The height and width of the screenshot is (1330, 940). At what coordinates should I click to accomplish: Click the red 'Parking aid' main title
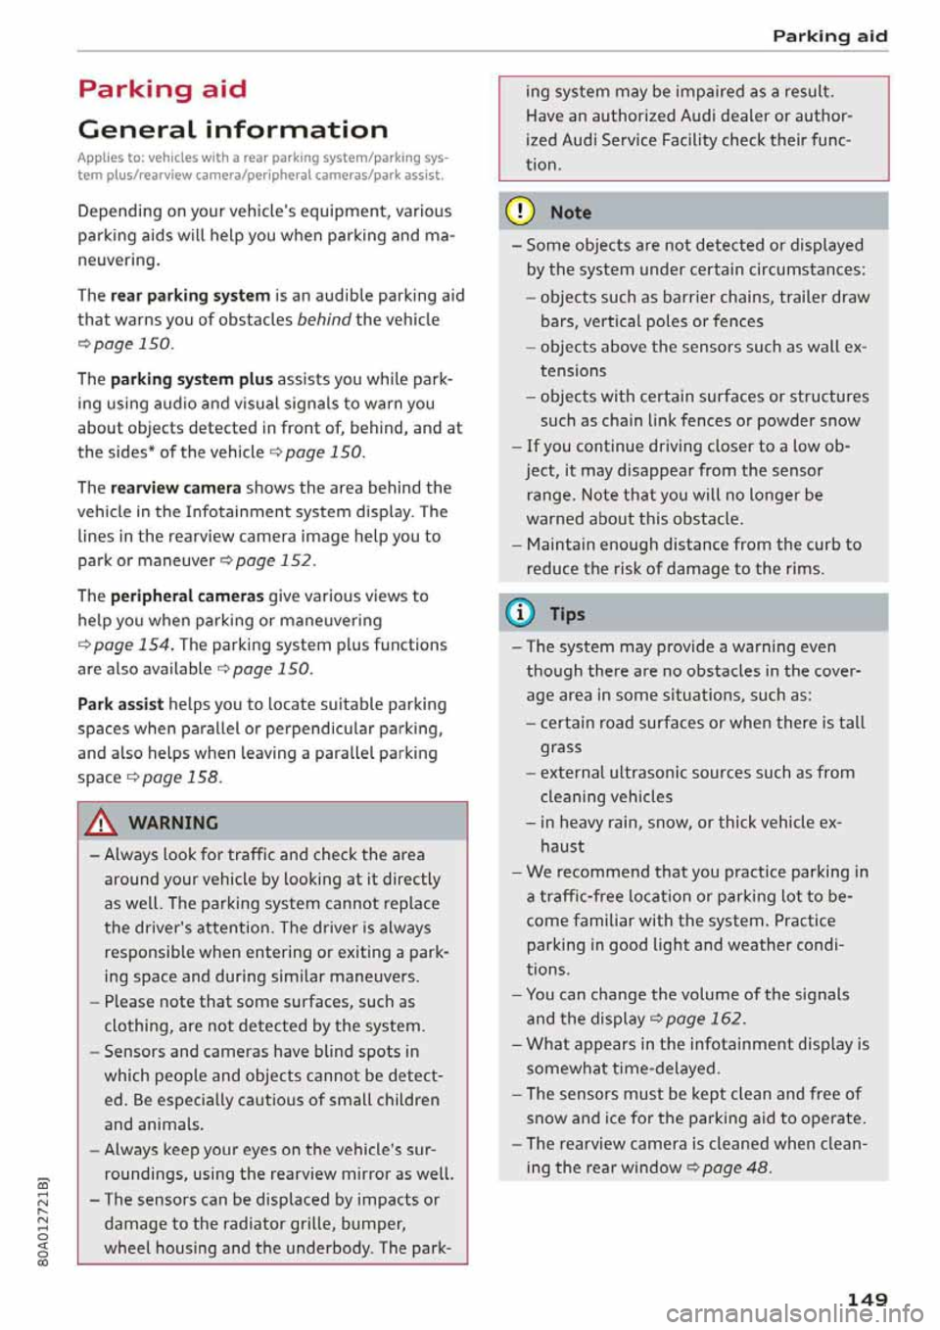coord(162,89)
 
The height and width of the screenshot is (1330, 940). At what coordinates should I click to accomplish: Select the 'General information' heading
coord(232,129)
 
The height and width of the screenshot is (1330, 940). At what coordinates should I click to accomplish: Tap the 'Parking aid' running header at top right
coord(829,36)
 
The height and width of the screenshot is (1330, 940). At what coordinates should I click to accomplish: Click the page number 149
coord(867,1299)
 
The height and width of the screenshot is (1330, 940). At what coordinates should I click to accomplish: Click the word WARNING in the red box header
coord(173,823)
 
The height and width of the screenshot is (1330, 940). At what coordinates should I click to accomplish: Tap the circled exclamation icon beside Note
coord(520,212)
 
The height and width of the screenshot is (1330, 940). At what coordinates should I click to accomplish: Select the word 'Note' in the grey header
coord(571,213)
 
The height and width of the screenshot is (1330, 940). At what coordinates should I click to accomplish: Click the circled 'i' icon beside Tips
coord(520,613)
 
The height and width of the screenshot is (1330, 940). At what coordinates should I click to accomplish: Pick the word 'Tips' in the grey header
coord(567,614)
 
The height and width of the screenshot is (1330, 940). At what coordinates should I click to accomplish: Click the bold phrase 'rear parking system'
coord(190,295)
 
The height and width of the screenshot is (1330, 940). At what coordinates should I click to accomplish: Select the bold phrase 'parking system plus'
coord(191,379)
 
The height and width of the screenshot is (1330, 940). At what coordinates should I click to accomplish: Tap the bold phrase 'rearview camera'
coord(175,488)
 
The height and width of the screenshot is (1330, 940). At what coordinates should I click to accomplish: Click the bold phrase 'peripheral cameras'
coord(187,595)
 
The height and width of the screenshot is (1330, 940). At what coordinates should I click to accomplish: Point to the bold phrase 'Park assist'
coord(120,704)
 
